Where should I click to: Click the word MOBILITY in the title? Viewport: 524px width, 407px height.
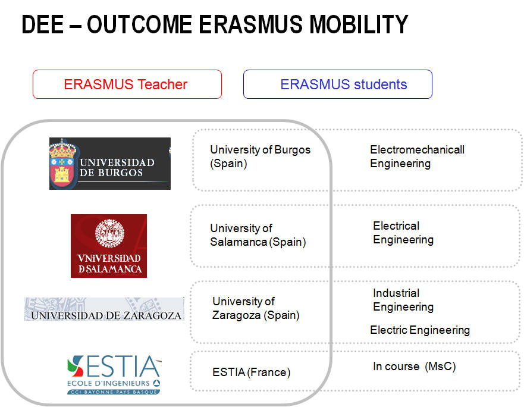359,24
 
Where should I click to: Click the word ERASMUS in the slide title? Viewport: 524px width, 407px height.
250,24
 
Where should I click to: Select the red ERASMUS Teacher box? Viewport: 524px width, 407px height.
127,84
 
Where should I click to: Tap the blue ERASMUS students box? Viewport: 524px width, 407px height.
337,84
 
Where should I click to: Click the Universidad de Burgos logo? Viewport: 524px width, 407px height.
110,164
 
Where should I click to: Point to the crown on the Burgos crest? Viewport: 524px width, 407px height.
62,149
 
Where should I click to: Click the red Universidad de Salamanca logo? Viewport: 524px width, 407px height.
109,246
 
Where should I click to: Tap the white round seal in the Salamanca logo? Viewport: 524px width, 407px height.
109,233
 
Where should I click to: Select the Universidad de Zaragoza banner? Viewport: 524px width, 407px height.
104,309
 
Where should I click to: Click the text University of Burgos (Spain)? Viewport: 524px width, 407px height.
260,156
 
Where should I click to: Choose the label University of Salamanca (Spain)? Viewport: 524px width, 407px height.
258,235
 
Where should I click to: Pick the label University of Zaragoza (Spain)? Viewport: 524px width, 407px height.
256,308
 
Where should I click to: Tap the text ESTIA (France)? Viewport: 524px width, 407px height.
252,372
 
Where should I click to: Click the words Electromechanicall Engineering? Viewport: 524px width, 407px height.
417,156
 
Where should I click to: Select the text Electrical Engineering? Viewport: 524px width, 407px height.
403,233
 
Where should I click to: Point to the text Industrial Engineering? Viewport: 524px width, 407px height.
403,300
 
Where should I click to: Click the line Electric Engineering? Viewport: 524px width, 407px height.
420,330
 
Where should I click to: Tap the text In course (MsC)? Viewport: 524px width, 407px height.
415,366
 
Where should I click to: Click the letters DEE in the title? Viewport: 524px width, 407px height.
42,24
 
